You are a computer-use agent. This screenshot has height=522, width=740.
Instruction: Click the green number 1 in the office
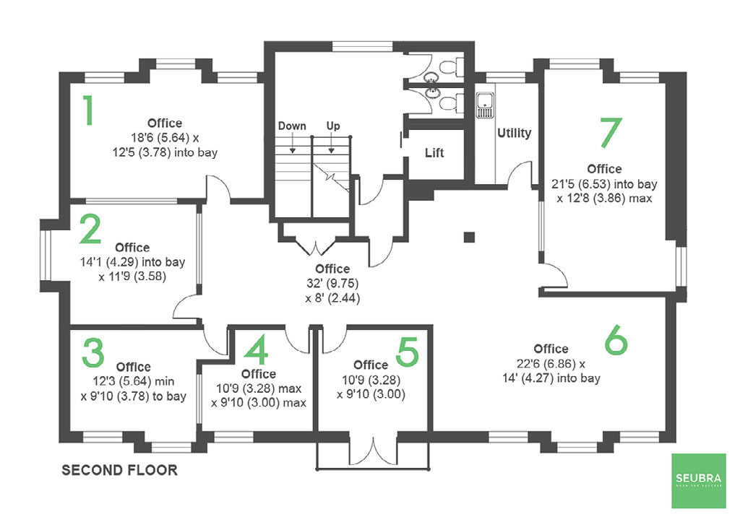[88, 111]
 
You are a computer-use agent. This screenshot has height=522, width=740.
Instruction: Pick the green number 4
[256, 352]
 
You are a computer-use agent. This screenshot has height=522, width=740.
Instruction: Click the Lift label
[434, 153]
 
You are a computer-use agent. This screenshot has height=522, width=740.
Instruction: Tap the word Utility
[514, 133]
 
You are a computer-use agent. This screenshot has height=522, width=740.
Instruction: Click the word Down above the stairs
[292, 126]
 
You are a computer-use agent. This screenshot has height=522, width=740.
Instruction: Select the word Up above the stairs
[332, 126]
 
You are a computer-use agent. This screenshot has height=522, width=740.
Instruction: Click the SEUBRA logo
[697, 482]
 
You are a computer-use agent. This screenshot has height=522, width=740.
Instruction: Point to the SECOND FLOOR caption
[119, 470]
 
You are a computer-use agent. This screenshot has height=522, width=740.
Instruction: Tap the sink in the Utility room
[484, 105]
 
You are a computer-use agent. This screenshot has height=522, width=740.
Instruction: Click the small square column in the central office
[469, 236]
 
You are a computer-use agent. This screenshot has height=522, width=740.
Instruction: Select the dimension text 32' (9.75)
[332, 283]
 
